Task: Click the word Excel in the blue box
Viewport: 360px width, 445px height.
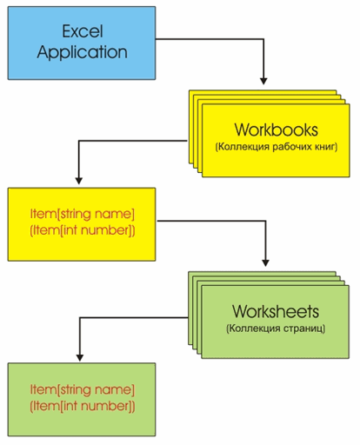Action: (x=83, y=31)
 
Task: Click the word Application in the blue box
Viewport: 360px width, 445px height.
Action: (x=83, y=52)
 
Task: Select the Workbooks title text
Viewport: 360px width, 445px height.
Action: (x=277, y=130)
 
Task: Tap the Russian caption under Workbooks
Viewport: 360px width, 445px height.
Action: (x=277, y=147)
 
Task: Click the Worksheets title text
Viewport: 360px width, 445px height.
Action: (x=276, y=311)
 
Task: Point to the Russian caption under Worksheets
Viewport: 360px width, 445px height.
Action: (x=276, y=329)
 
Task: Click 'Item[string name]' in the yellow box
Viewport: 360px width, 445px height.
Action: (x=83, y=214)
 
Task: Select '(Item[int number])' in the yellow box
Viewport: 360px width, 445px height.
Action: (x=83, y=230)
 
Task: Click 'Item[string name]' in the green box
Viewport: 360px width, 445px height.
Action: (x=83, y=389)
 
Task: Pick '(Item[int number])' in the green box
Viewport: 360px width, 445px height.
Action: (x=83, y=406)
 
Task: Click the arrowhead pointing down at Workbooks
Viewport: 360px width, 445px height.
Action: (x=263, y=81)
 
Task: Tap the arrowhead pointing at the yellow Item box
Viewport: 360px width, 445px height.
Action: (x=79, y=181)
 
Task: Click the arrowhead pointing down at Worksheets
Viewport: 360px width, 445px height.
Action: (x=265, y=262)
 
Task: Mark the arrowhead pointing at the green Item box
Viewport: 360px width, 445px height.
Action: (x=80, y=357)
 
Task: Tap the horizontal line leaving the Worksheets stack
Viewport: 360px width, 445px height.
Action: (x=134, y=318)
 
